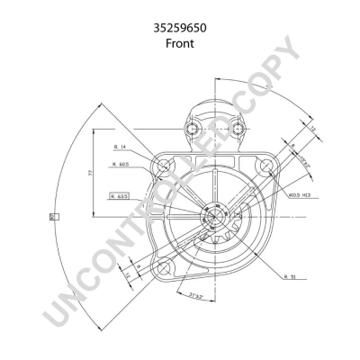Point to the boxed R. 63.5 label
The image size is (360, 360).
coord(119,194)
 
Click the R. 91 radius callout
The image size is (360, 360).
coord(290,276)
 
